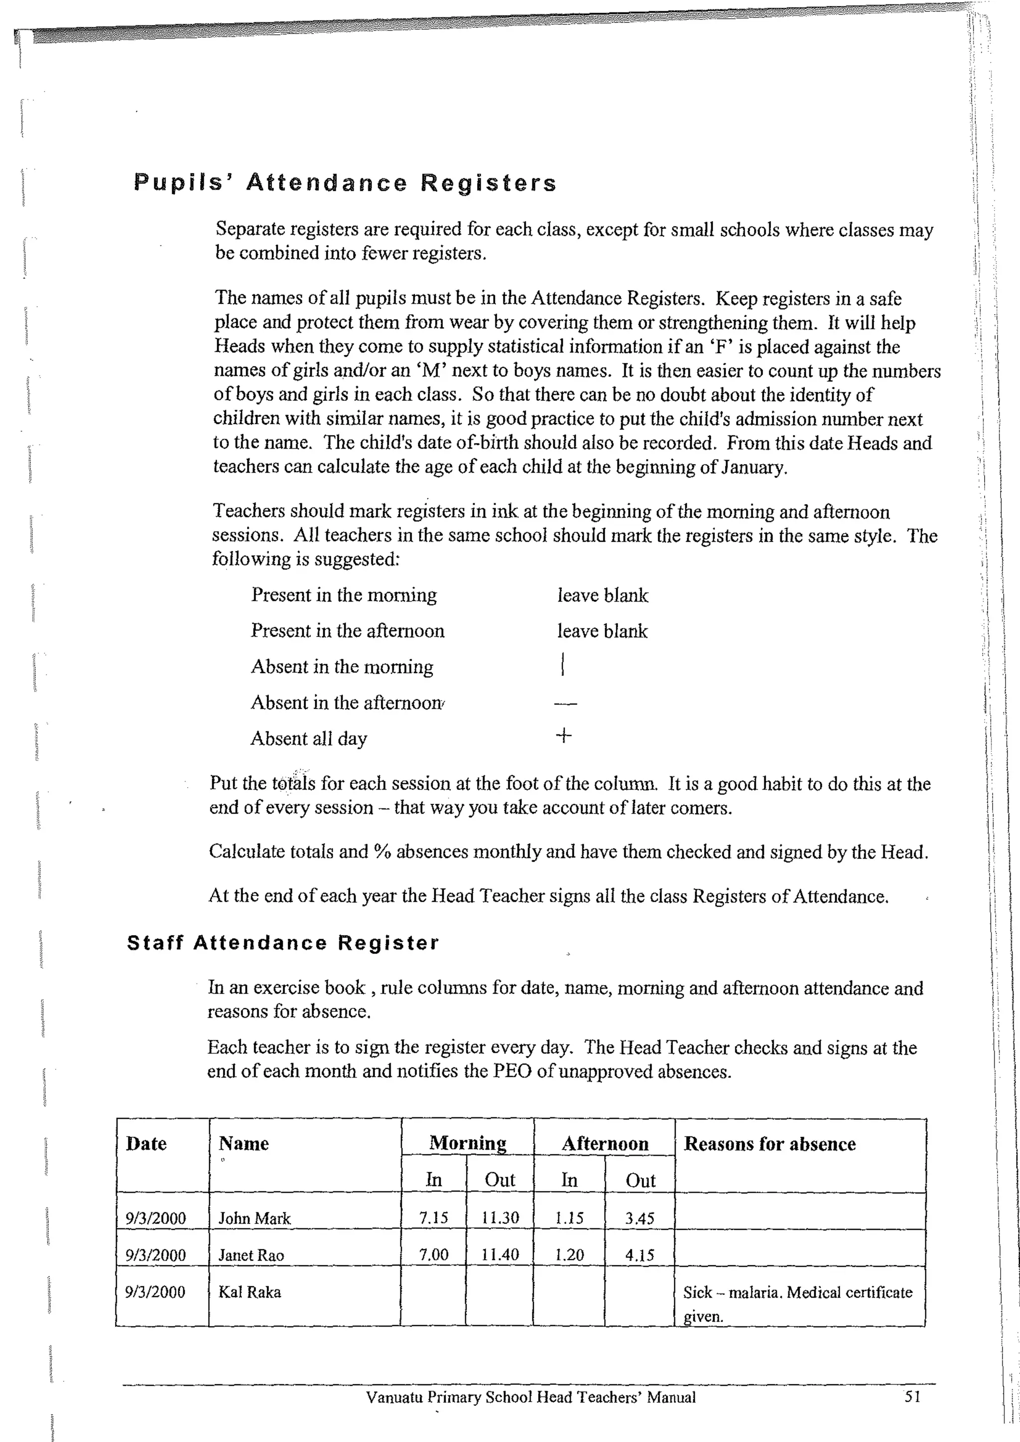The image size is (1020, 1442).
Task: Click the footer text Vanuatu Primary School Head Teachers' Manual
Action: coord(531,1397)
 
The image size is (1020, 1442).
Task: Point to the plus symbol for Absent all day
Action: coord(563,735)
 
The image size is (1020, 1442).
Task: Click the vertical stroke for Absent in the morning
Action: coord(563,664)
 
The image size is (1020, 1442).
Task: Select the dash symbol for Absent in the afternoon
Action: coord(565,704)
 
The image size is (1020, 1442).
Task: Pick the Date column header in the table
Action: coord(146,1144)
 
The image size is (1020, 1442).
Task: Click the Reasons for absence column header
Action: coord(769,1144)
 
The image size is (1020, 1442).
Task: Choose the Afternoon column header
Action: coord(604,1144)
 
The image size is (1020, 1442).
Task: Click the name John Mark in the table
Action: coord(255,1218)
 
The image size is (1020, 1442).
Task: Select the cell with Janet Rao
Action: coord(251,1255)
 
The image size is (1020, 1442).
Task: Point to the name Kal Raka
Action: coord(250,1292)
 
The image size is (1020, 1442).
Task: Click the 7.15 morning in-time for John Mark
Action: coord(433,1218)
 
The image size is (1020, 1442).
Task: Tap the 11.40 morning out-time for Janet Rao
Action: coord(500,1255)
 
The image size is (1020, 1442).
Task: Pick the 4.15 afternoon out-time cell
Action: coord(639,1255)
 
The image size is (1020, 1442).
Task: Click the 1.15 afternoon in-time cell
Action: coord(569,1218)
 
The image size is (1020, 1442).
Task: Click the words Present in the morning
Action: coord(344,595)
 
